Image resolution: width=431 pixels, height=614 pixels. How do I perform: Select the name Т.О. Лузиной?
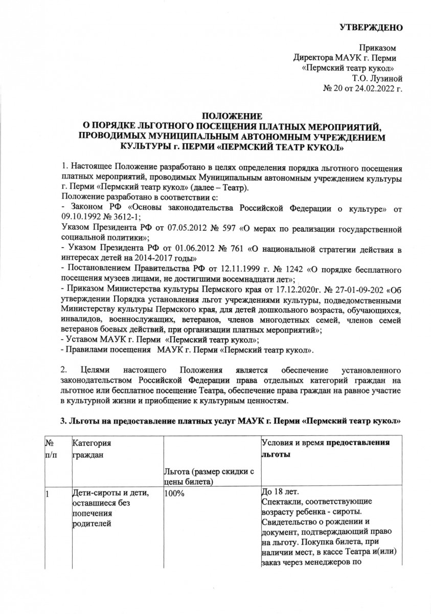point(378,78)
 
